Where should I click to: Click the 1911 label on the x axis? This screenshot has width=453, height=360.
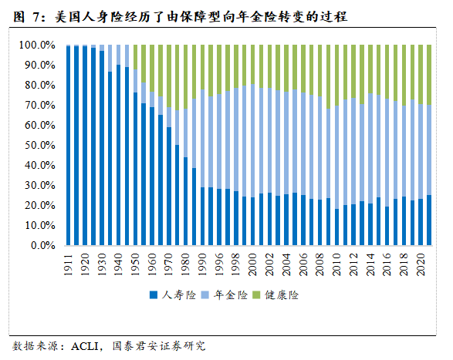[x=69, y=263]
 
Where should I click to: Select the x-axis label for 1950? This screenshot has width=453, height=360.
[x=136, y=263]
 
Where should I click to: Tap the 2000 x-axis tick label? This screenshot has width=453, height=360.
[x=253, y=263]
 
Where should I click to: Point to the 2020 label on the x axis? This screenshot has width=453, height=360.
[x=421, y=263]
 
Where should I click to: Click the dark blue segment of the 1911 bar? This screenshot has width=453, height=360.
[x=69, y=146]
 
